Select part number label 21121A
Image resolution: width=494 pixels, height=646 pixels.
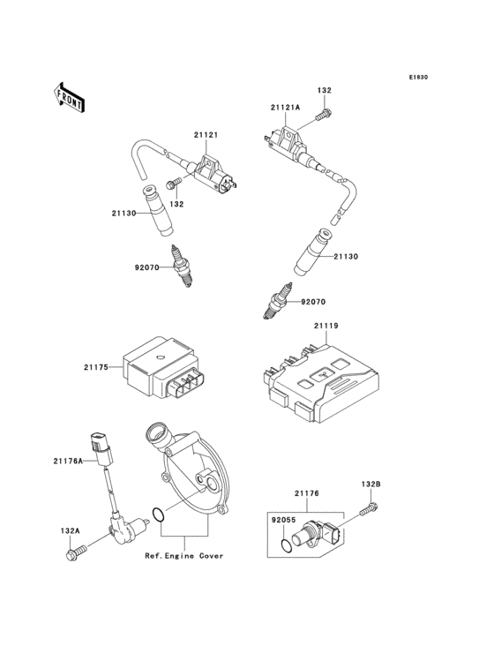pos(286,108)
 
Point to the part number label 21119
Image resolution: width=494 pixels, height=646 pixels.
pos(326,326)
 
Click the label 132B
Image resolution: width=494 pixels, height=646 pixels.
pos(370,484)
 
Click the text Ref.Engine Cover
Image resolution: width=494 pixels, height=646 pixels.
pos(184,556)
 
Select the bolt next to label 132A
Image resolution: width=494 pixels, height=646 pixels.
pos(73,553)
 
